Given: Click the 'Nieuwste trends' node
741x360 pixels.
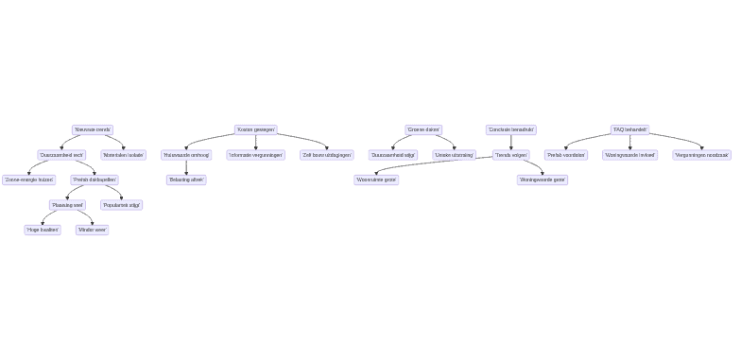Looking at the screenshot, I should click(93, 130).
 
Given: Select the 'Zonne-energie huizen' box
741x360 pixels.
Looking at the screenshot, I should click(28, 180).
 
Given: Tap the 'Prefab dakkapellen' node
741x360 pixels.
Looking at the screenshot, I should click(95, 180).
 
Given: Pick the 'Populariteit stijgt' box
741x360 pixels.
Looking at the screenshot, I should click(122, 205).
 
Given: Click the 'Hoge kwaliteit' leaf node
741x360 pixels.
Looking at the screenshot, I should click(43, 230).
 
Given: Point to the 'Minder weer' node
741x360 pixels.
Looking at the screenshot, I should click(93, 230).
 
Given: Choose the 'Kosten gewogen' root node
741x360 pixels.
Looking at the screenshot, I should click(256, 130).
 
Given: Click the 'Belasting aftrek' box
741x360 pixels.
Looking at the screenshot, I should click(186, 180).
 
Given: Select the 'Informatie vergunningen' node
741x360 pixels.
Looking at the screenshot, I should click(255, 155).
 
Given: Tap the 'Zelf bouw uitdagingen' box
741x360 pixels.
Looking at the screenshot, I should click(327, 155).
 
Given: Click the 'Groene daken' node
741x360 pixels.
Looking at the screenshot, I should click(423, 130).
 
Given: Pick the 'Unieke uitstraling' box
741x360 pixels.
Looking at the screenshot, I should click(454, 155).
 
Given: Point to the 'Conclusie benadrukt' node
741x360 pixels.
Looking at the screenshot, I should click(511, 130).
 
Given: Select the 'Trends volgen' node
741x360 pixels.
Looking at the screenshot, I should click(511, 155).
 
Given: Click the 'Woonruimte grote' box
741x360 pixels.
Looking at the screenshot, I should click(376, 180).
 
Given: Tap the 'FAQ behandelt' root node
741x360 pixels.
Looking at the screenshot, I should click(630, 130).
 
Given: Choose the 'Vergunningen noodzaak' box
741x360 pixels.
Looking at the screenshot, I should click(701, 155).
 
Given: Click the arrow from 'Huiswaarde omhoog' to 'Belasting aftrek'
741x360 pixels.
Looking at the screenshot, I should click(186, 167).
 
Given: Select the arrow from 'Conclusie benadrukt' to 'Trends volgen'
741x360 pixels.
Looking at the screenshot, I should click(511, 143).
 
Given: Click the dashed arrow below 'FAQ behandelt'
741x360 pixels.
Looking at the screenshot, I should click(630, 143).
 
